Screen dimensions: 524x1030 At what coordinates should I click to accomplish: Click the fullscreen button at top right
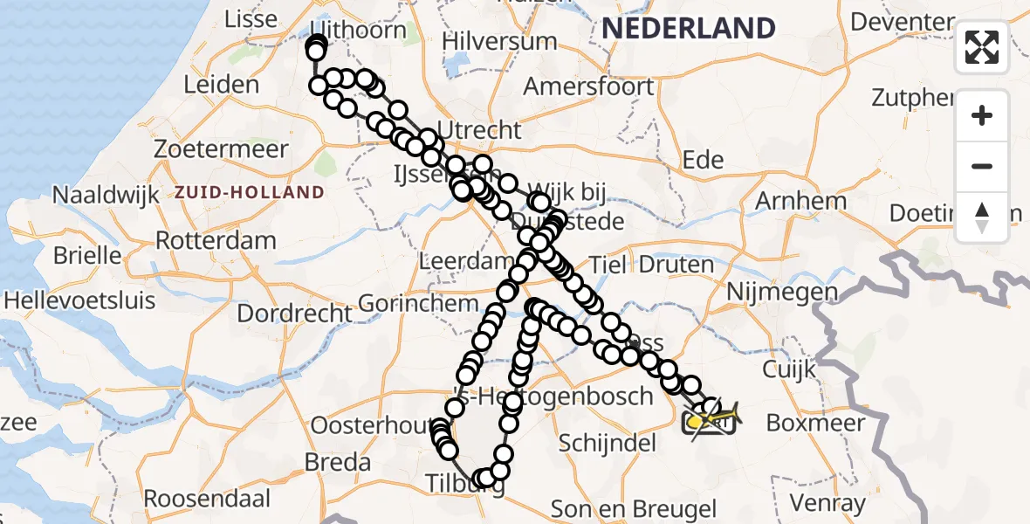click(x=982, y=47)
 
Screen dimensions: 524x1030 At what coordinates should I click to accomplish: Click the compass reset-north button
click(x=982, y=217)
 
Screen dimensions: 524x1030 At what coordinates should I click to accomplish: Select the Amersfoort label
click(x=588, y=86)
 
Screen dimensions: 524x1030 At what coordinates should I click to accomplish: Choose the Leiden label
click(x=222, y=86)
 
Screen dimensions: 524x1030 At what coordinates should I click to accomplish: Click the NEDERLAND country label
click(x=688, y=28)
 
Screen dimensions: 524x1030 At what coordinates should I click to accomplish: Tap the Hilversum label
click(x=499, y=41)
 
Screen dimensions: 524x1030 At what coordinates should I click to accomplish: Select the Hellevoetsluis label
click(x=79, y=300)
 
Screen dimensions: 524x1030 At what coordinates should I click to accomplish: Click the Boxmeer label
click(x=815, y=423)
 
